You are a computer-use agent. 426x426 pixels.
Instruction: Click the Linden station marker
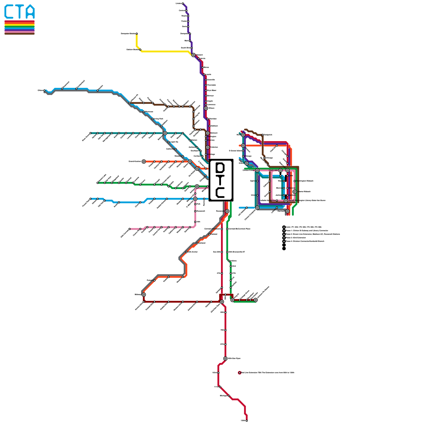pyautogui.click(x=183, y=3)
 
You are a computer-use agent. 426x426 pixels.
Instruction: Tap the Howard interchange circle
pyautogui.click(x=194, y=55)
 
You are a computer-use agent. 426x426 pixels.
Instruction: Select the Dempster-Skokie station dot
pyautogui.click(x=137, y=34)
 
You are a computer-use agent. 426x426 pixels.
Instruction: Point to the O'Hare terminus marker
pyautogui.click(x=44, y=91)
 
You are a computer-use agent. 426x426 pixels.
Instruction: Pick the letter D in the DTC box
pyautogui.click(x=220, y=167)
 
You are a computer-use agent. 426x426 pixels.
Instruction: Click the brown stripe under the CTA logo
pyautogui.click(x=19, y=34)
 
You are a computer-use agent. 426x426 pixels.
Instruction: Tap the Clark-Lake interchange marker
pyautogui.click(x=280, y=170)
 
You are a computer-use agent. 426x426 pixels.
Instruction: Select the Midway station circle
pyautogui.click(x=144, y=294)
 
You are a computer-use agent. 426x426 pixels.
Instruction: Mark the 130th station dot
pyautogui.click(x=247, y=421)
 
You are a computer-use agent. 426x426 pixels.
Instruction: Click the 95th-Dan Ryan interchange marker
pyautogui.click(x=226, y=358)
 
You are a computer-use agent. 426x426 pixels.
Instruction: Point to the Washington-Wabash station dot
pyautogui.click(x=294, y=181)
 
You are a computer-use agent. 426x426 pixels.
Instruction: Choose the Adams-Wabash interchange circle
pyautogui.click(x=294, y=192)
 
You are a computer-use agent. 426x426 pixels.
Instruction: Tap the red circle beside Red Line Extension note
pyautogui.click(x=240, y=373)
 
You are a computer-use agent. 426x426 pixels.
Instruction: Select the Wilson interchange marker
pyautogui.click(x=206, y=108)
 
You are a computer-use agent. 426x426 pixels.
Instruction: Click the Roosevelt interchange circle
pyautogui.click(x=227, y=211)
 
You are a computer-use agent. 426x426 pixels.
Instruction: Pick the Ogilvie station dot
pyautogui.click(x=257, y=181)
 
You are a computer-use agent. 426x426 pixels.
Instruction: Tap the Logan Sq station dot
pyautogui.click(x=169, y=142)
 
